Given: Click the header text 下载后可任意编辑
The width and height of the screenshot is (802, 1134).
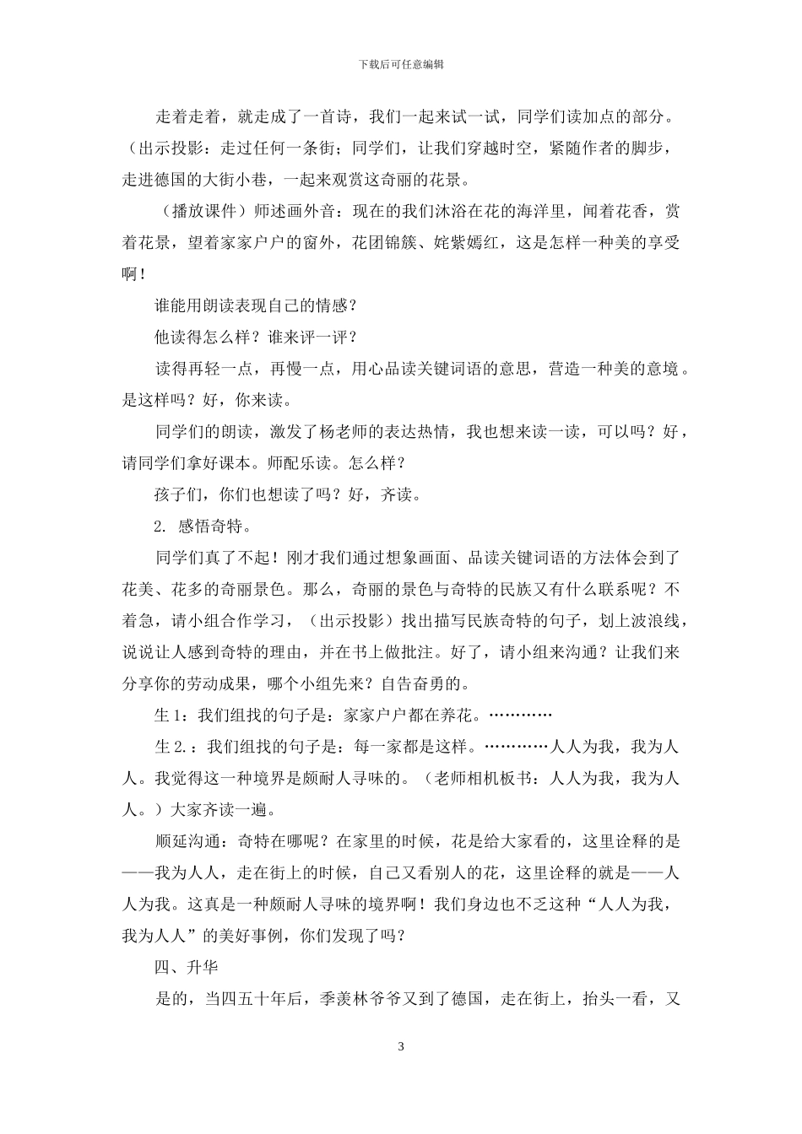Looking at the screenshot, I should point(401,64).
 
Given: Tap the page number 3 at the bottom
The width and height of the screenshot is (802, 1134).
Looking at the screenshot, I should point(401,1047).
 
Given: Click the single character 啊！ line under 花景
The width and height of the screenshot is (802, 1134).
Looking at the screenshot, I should point(134,274).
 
